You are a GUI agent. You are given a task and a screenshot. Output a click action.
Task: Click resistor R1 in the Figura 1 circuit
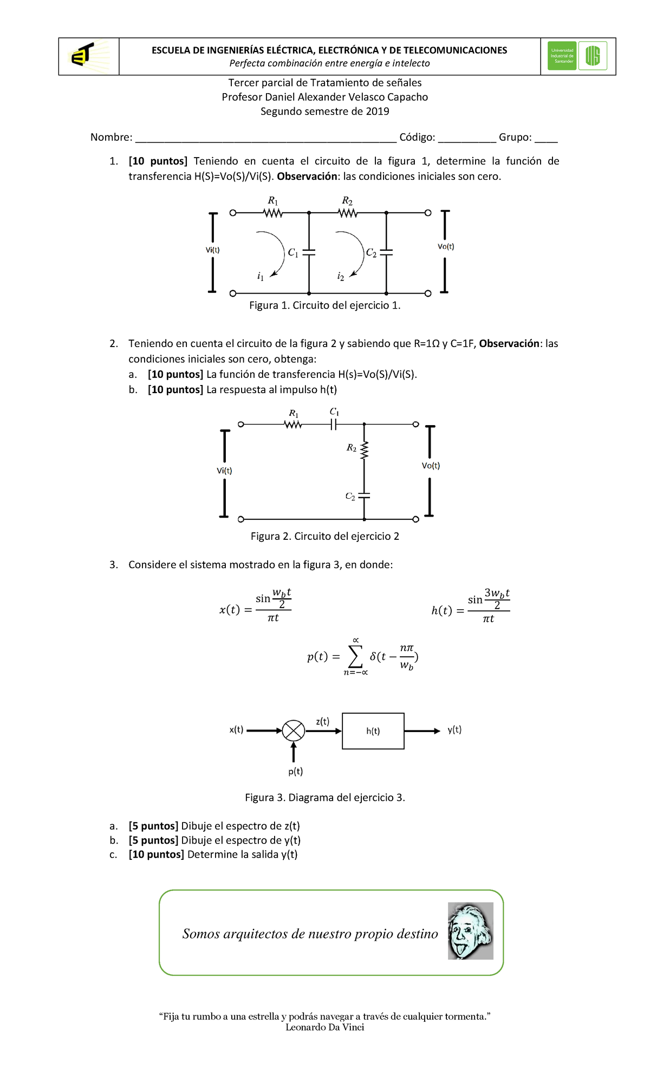click(x=273, y=213)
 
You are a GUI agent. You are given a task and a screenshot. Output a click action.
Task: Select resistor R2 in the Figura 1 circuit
click(x=348, y=213)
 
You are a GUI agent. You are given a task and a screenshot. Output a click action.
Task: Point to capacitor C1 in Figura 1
click(x=309, y=252)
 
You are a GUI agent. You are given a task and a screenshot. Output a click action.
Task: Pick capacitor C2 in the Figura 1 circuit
click(x=386, y=252)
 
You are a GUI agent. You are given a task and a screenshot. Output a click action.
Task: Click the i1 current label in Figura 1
click(x=261, y=277)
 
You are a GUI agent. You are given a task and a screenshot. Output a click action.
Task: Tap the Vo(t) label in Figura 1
click(x=446, y=246)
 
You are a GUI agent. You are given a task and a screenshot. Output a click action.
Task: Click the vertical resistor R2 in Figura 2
click(x=364, y=449)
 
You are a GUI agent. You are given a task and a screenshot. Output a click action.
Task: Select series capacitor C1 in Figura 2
click(x=334, y=425)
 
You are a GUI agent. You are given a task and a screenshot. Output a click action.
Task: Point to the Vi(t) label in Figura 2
click(x=224, y=471)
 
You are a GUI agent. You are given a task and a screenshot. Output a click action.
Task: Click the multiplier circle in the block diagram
click(x=294, y=730)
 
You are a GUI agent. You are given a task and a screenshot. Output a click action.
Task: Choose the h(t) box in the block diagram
click(x=373, y=731)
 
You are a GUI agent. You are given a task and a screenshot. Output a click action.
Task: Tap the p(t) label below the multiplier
click(x=295, y=771)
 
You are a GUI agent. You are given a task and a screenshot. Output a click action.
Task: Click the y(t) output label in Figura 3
click(x=454, y=729)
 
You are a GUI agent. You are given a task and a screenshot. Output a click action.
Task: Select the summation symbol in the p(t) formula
click(x=355, y=656)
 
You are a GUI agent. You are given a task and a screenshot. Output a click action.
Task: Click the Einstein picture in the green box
click(x=470, y=931)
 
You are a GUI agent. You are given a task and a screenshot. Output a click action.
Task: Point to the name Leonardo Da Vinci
click(x=325, y=1027)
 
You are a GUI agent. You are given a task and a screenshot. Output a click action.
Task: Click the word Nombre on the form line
click(x=111, y=137)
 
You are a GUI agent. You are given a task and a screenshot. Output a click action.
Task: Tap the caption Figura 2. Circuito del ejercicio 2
click(x=325, y=536)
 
